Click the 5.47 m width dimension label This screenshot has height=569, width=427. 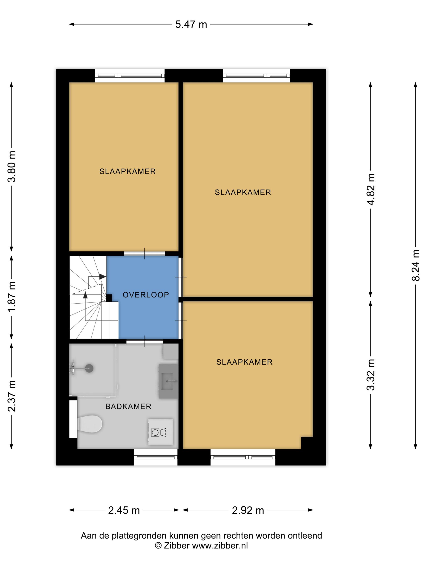click(191, 24)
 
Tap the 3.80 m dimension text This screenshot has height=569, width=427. click(12, 167)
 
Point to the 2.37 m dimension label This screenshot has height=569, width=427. click(12, 396)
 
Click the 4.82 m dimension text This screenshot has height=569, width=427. click(371, 190)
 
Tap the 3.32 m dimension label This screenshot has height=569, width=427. click(371, 375)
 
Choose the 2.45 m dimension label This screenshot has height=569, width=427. click(124, 510)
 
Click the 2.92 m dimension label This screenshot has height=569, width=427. click(248, 510)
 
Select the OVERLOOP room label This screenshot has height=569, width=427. click(146, 295)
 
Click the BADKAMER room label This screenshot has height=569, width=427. click(128, 406)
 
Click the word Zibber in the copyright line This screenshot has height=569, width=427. click(176, 546)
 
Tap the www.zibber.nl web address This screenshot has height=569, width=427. click(220, 546)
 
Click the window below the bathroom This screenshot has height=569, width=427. click(156, 457)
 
